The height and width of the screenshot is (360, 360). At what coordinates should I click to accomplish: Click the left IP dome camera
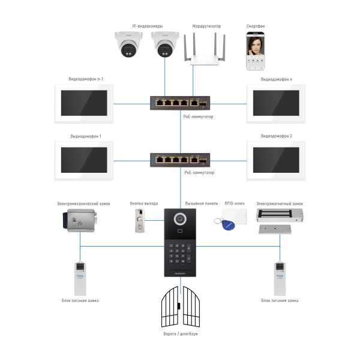(x=129, y=45)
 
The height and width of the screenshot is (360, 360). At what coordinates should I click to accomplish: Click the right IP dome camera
(x=164, y=45)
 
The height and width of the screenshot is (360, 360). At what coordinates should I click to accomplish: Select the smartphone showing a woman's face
(x=256, y=51)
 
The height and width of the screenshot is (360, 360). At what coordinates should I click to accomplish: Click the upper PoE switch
(x=180, y=103)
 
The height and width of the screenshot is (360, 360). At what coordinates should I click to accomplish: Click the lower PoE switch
(x=180, y=160)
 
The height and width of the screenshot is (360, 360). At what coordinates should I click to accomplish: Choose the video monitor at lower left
(x=84, y=160)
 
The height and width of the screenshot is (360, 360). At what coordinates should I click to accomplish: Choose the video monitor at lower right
(x=276, y=160)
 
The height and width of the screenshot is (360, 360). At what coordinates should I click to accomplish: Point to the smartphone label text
(x=255, y=26)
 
